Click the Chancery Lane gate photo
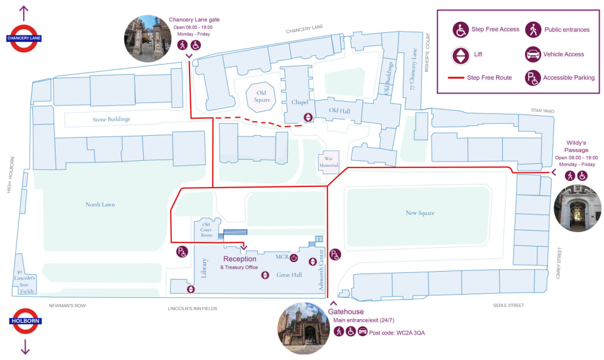(x=147, y=38)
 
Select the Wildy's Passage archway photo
(x=577, y=208)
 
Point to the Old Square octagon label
(x=262, y=97)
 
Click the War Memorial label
(x=328, y=161)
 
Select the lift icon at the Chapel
(x=309, y=118)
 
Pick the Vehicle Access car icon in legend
(x=533, y=54)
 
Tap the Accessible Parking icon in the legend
(x=533, y=78)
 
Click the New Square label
(x=420, y=213)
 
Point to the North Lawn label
(x=100, y=205)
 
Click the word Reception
(x=240, y=259)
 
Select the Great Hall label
(x=289, y=275)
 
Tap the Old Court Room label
(x=207, y=230)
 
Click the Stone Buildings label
(x=112, y=119)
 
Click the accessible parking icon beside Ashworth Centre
(x=335, y=255)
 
